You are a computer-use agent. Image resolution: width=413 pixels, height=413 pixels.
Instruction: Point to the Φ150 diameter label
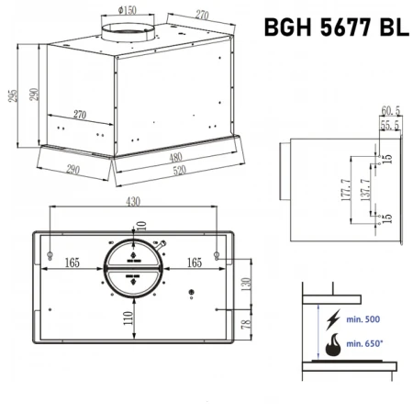pyautogui.click(x=128, y=10)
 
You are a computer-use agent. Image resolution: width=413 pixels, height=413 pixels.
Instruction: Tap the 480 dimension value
pyautogui.click(x=175, y=156)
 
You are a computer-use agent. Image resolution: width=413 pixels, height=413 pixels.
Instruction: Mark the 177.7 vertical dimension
pyautogui.click(x=346, y=190)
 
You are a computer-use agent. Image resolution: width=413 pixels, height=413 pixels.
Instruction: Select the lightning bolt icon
pyautogui.click(x=330, y=319)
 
